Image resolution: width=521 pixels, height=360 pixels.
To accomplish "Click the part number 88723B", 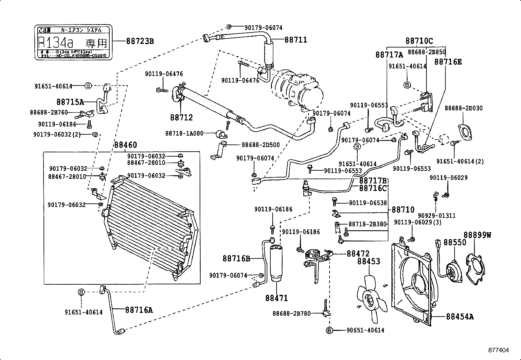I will click(x=140, y=41).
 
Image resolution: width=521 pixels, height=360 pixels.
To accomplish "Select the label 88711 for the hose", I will click(x=296, y=40).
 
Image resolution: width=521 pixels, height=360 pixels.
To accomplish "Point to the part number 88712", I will click(x=181, y=117).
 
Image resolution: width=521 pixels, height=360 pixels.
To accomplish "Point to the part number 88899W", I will click(x=477, y=235).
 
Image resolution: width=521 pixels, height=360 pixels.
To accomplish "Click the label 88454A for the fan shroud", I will click(x=459, y=316).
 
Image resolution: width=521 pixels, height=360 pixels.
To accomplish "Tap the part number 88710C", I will click(x=419, y=41).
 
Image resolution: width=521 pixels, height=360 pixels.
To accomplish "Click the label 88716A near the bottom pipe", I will click(x=139, y=310).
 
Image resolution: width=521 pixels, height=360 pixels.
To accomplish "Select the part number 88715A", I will click(x=70, y=102).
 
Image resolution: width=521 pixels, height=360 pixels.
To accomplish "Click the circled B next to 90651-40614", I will click(x=329, y=331).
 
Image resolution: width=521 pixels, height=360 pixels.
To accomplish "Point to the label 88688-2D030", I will click(x=463, y=108).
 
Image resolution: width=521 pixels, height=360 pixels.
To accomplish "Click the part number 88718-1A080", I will click(x=184, y=133).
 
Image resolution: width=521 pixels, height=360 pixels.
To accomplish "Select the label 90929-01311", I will click(x=437, y=216).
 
